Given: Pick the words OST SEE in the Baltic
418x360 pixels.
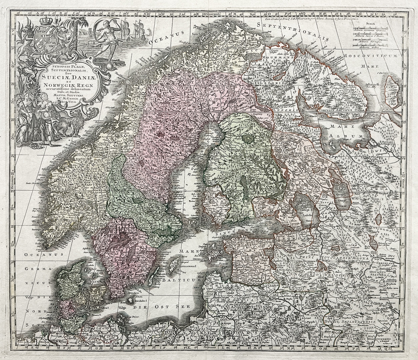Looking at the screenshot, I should point(173,306).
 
